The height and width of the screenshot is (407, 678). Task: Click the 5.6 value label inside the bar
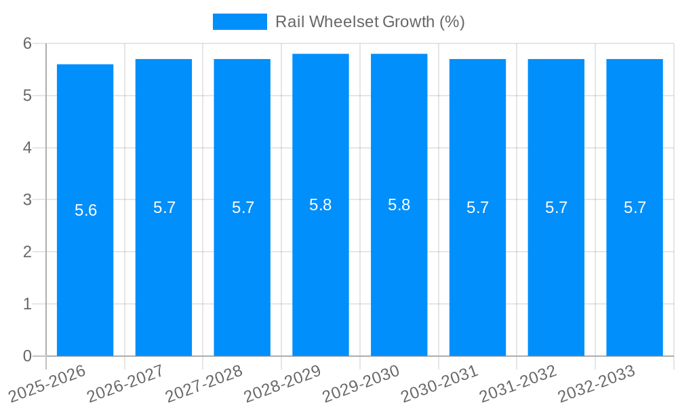point(86,210)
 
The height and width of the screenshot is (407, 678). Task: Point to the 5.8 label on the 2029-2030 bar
point(399,205)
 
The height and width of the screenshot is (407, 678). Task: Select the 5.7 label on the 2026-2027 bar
point(164,208)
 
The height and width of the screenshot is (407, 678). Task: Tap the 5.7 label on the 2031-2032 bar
point(556,208)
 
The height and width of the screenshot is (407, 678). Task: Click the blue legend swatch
point(240,22)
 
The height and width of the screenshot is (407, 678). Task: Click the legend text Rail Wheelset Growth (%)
point(370,22)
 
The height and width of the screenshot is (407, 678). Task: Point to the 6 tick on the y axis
point(28,43)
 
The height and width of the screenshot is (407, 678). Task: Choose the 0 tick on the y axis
point(28,356)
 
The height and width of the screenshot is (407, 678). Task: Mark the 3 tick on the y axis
point(28,200)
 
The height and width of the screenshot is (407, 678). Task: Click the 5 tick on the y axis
point(28,96)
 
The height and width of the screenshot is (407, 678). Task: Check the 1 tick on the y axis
point(28,304)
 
